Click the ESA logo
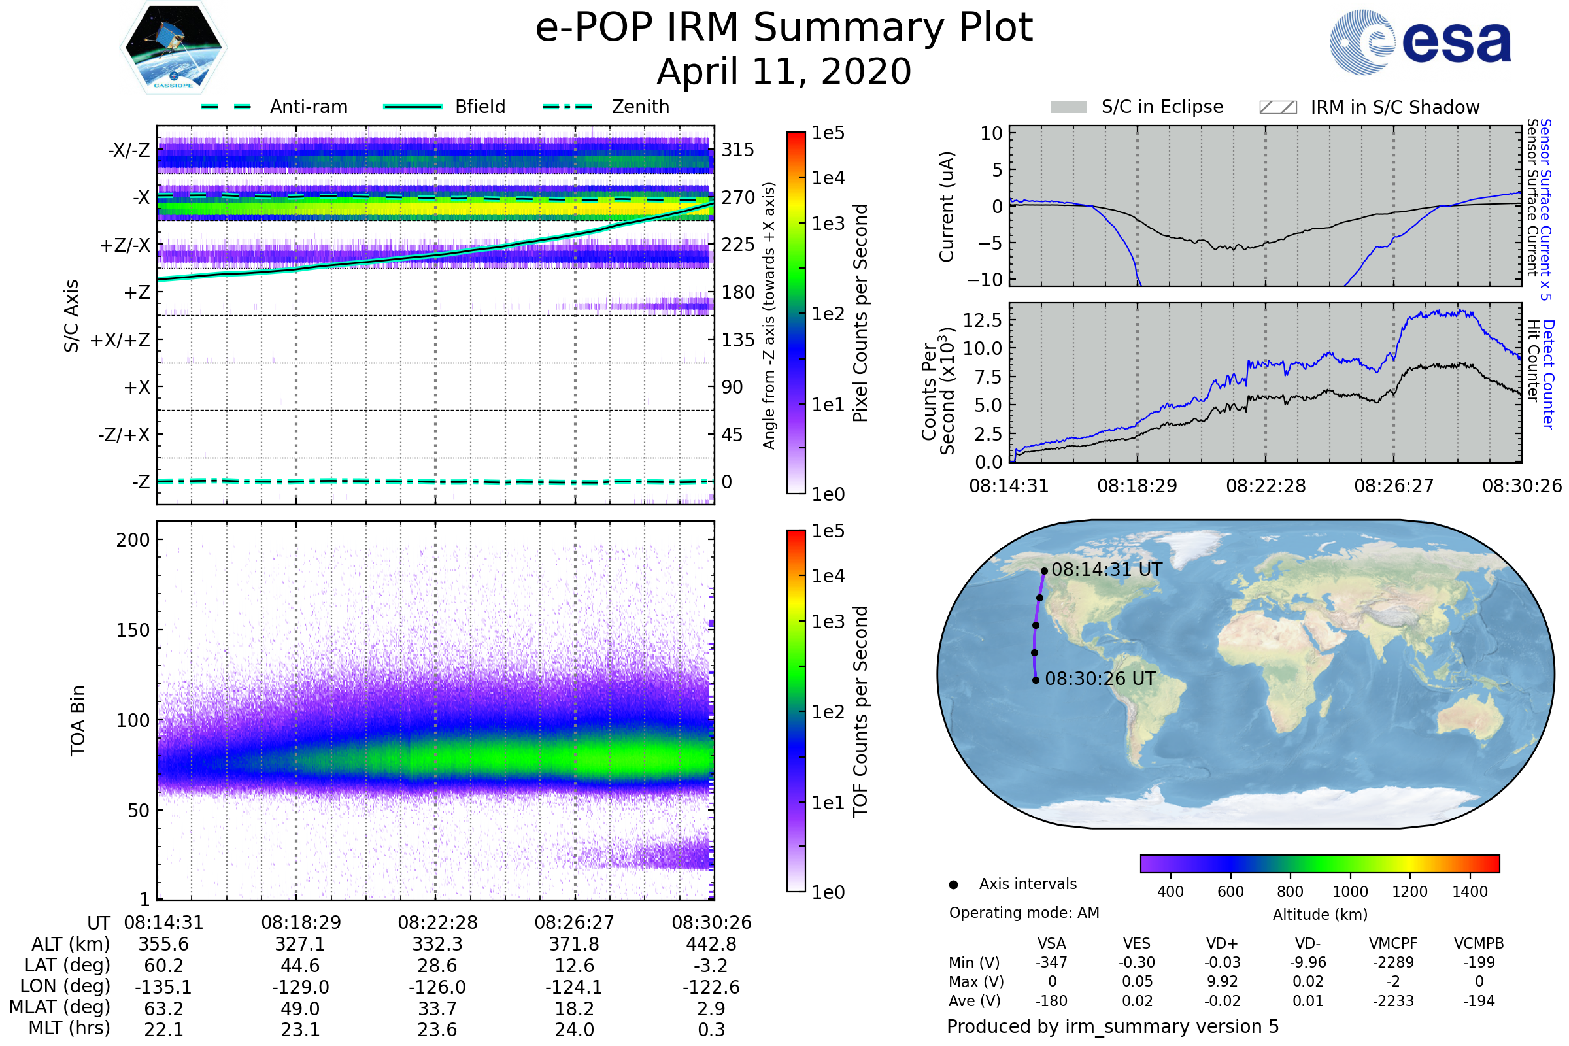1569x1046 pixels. [x=1420, y=42]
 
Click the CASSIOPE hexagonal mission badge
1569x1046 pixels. [x=173, y=47]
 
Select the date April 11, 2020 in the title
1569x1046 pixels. [x=784, y=71]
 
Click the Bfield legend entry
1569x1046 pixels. [x=445, y=107]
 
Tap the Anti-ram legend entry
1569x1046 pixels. [x=274, y=107]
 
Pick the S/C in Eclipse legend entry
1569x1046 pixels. [x=1137, y=107]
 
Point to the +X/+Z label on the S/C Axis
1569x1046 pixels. [x=120, y=340]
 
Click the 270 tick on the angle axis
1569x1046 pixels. [x=738, y=197]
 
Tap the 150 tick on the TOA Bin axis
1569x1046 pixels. [x=133, y=630]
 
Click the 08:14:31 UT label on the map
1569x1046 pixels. [x=1107, y=569]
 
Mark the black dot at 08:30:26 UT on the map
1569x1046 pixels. [x=1036, y=681]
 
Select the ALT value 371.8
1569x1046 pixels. [x=575, y=945]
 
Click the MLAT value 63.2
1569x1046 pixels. [x=164, y=1009]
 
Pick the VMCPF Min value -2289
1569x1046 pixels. [x=1394, y=962]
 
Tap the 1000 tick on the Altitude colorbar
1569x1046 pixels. [x=1350, y=892]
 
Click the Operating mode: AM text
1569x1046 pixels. [x=1024, y=913]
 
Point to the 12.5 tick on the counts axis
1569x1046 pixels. [x=983, y=320]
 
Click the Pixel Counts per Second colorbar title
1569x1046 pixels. [x=860, y=313]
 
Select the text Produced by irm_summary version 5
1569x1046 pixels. [x=1113, y=1026]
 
